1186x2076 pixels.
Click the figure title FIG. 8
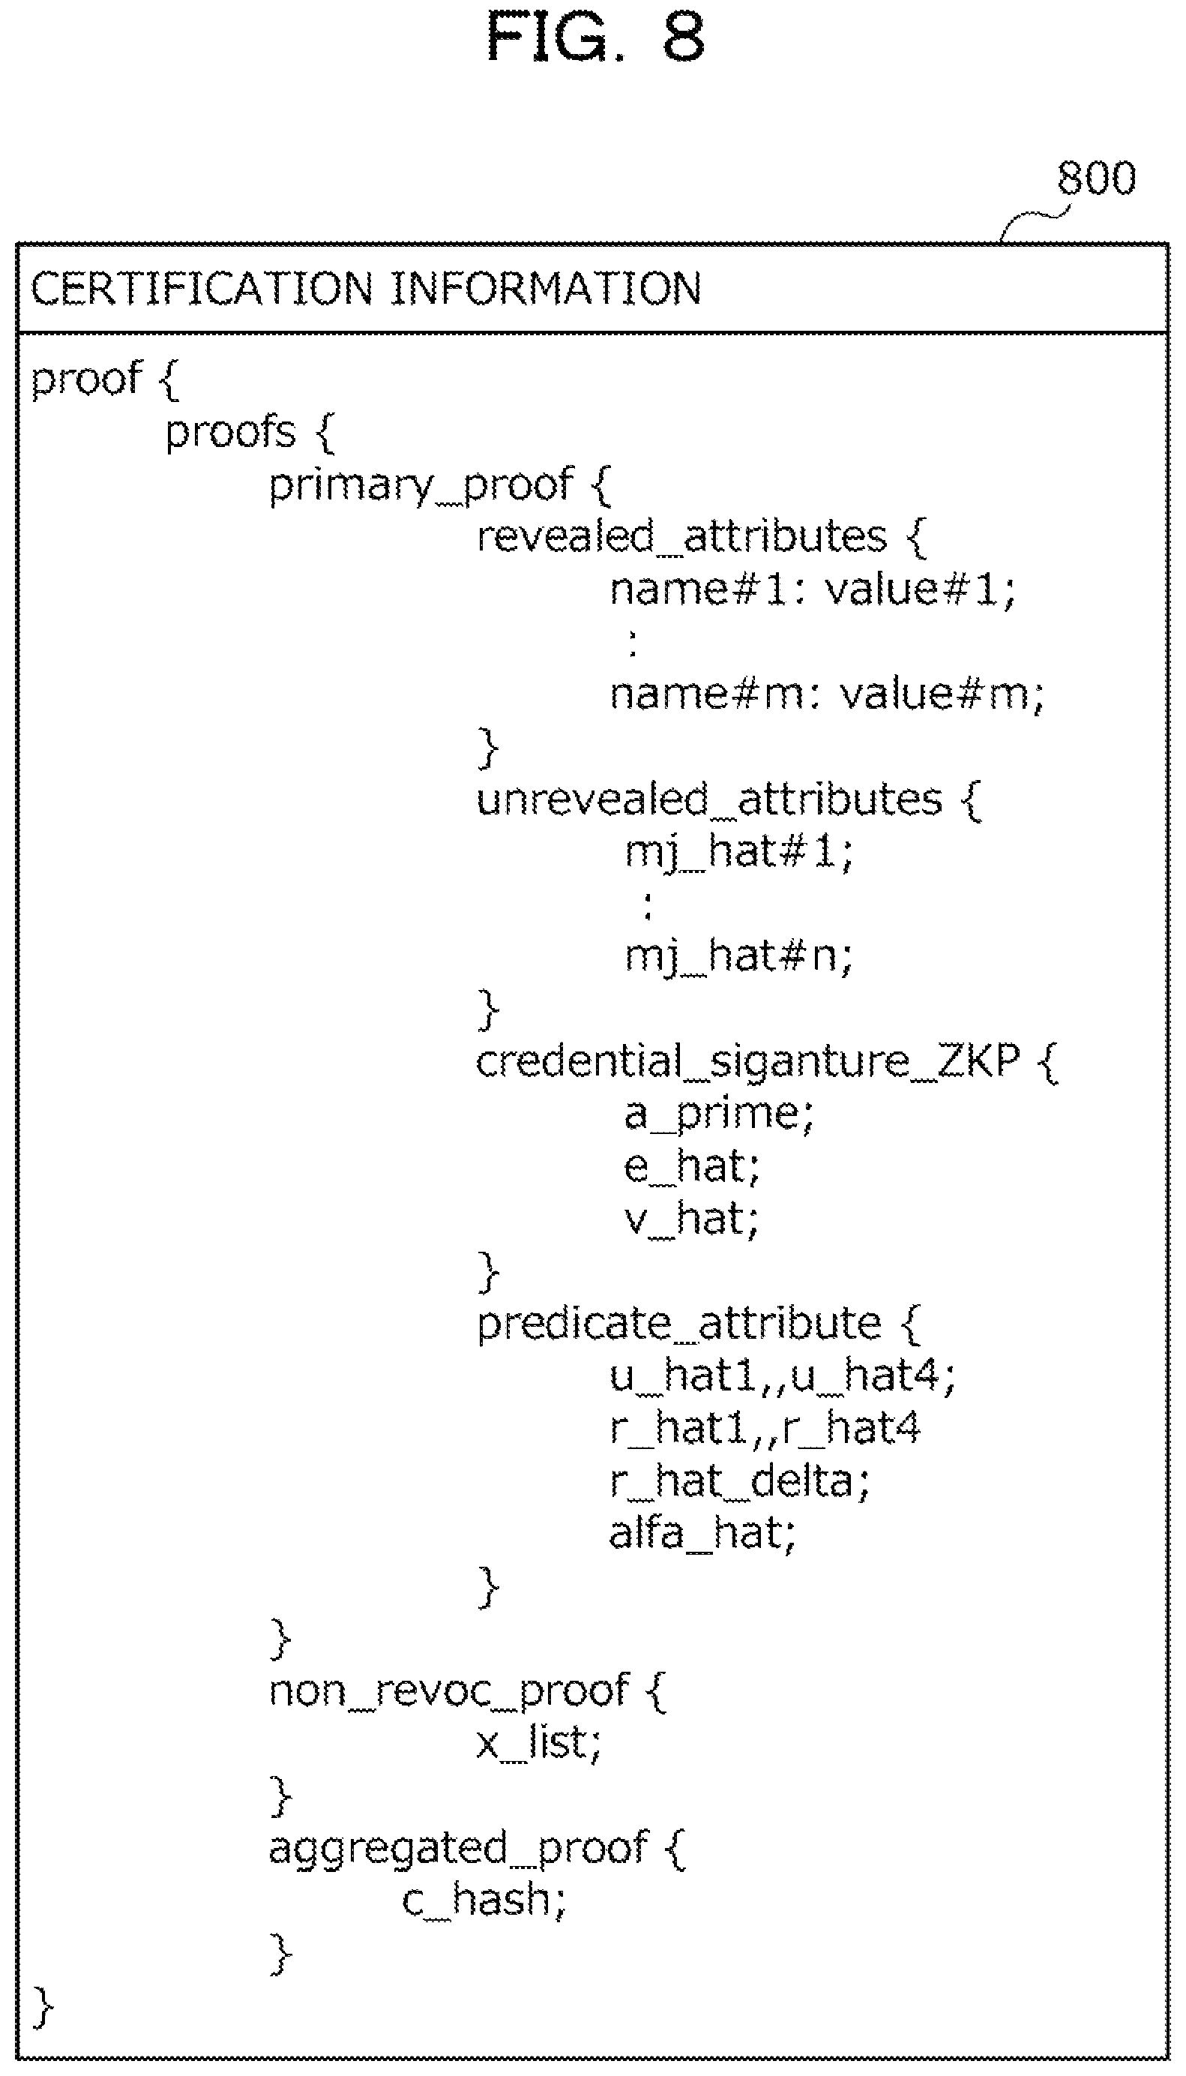click(595, 37)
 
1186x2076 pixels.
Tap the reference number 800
click(1096, 178)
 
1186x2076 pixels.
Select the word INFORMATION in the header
click(547, 289)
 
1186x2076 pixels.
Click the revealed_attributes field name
click(681, 537)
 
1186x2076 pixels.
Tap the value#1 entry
click(921, 590)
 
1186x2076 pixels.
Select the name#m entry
click(708, 694)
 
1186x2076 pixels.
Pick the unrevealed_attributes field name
click(709, 800)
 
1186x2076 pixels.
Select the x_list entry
click(538, 1744)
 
